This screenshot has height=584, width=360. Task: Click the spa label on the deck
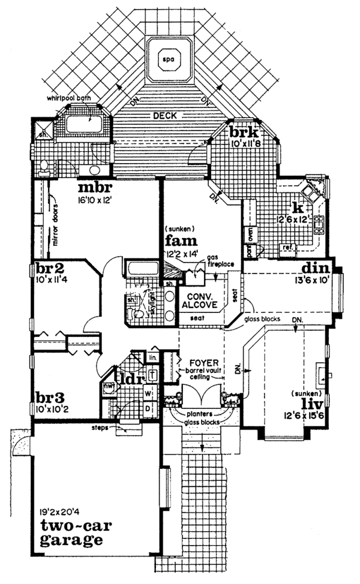pyautogui.click(x=167, y=59)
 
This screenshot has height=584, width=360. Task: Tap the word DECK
pyautogui.click(x=164, y=116)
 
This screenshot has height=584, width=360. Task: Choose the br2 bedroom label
pyautogui.click(x=47, y=268)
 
